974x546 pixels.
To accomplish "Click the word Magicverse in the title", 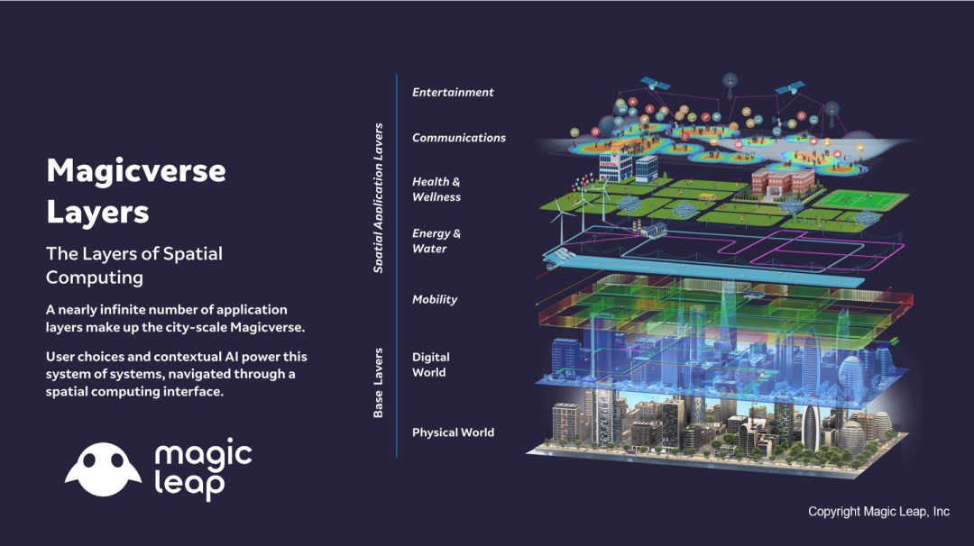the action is [136, 170].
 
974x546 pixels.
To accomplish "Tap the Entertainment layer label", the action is [453, 93].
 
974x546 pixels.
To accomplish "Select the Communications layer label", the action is [459, 138].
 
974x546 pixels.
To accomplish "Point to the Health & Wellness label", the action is [436, 189].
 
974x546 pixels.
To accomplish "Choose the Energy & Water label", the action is [436, 241].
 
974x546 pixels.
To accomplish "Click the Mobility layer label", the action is [435, 300].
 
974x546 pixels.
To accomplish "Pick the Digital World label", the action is [430, 365].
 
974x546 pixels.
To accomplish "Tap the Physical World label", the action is [453, 432].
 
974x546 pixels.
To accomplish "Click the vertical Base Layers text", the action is [378, 383].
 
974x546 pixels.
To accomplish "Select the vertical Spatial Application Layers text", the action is [378, 198].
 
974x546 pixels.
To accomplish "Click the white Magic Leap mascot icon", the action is [103, 469].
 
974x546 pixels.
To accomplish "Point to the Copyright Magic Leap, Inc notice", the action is [878, 511].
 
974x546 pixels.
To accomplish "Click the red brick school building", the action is [782, 185].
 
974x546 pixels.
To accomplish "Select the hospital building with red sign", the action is [616, 168].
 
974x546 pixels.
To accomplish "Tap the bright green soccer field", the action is [861, 200].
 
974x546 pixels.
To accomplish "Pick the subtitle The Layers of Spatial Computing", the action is [134, 265].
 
